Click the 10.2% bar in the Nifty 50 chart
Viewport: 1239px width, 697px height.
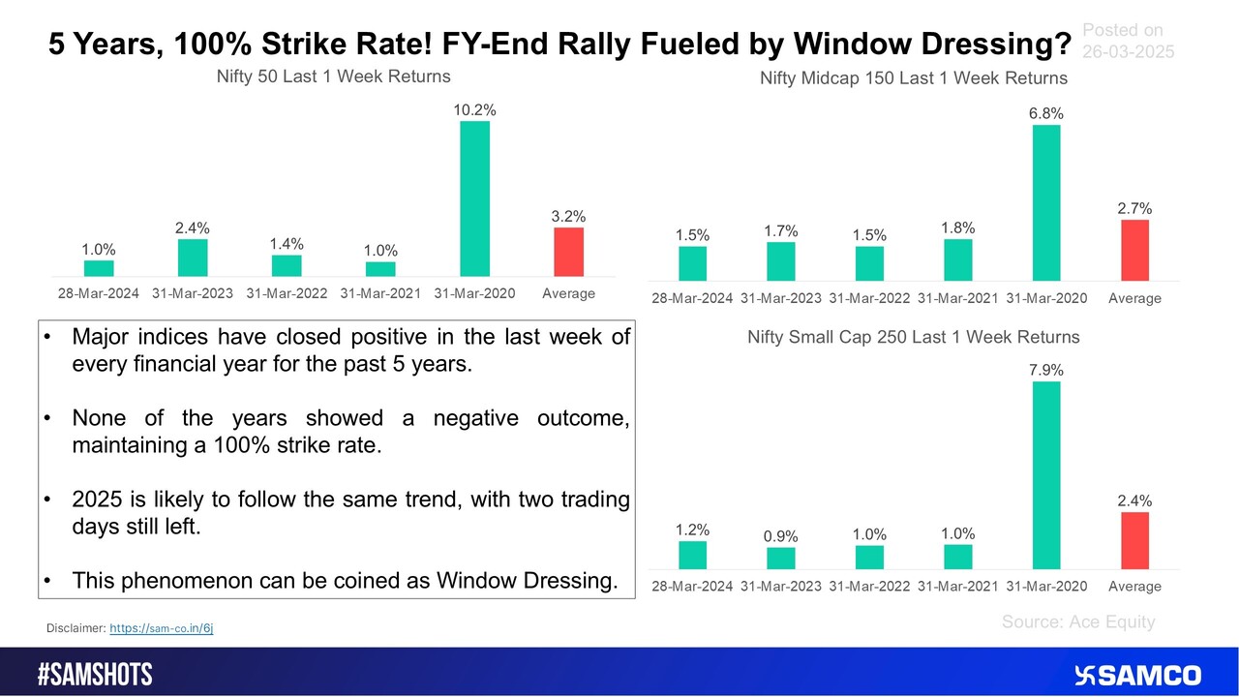point(474,198)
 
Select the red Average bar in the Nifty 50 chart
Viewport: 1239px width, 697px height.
point(568,252)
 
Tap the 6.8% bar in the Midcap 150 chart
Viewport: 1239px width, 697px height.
point(1046,203)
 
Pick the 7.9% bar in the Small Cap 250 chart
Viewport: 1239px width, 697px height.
point(1046,475)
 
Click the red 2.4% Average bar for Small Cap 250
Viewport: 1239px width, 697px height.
point(1135,540)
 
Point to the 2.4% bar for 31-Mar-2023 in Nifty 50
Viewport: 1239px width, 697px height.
point(193,258)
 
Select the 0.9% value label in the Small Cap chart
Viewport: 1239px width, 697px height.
point(780,536)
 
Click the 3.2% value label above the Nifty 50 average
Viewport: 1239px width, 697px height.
point(568,216)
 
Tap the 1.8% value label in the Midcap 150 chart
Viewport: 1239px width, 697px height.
point(958,227)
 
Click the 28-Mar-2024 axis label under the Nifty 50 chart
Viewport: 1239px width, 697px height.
point(99,293)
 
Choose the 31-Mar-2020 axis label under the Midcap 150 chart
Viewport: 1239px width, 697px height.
point(1046,298)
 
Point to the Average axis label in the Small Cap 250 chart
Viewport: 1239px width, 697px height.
point(1135,586)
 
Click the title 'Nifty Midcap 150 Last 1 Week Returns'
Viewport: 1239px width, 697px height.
point(914,78)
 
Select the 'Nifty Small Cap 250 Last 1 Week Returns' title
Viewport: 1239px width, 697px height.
point(914,337)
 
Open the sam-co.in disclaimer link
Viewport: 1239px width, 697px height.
point(162,628)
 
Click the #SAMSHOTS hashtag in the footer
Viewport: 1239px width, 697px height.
point(95,675)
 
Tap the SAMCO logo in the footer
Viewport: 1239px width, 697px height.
point(1137,676)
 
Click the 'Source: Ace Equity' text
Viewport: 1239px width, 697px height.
point(1078,621)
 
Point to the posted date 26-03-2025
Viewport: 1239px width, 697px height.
point(1129,51)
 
